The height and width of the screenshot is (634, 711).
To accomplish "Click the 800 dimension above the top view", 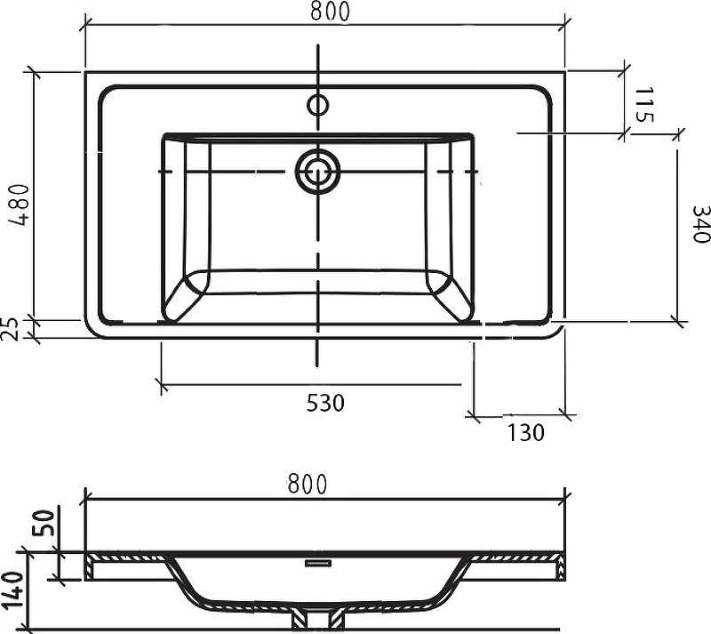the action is click(x=330, y=12).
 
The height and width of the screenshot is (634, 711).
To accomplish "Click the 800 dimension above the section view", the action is click(x=307, y=485).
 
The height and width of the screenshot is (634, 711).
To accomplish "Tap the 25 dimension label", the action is click(x=11, y=329).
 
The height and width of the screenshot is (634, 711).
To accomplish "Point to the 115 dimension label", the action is click(x=643, y=105).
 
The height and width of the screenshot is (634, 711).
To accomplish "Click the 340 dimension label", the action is click(x=700, y=224).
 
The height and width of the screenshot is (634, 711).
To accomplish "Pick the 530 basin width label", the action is click(x=325, y=403).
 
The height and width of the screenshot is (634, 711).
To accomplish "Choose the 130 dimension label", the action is click(x=525, y=432).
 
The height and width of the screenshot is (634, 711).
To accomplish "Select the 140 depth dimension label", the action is click(x=12, y=590).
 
